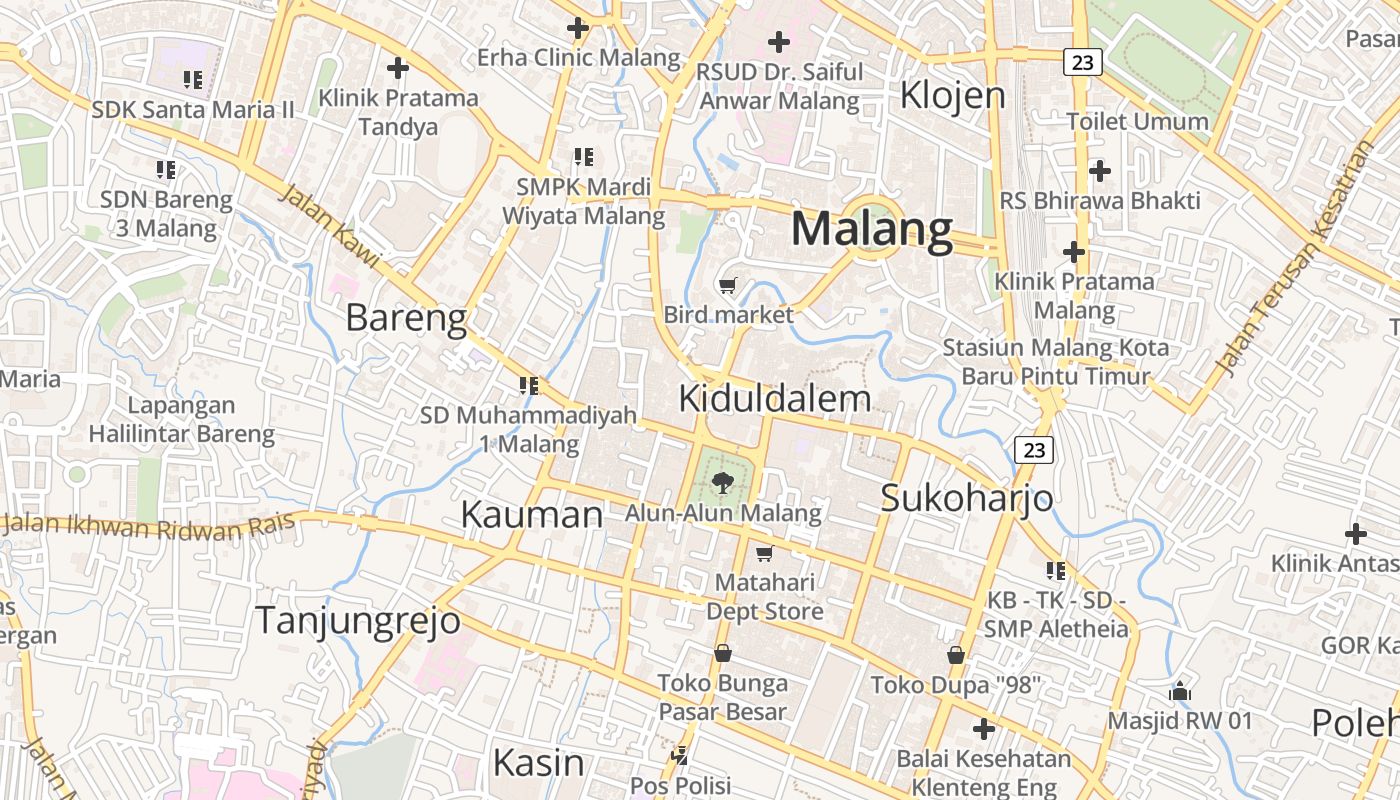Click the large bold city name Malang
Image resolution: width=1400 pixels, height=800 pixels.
tap(872, 229)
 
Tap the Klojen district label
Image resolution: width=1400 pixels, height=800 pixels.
tap(952, 95)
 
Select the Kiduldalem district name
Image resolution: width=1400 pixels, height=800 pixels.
tap(775, 399)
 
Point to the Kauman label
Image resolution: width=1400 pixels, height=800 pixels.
tap(532, 514)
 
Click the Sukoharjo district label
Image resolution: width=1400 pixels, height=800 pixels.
tap(966, 497)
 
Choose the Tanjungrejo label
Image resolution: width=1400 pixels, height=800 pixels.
tap(358, 620)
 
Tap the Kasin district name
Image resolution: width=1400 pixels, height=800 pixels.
tap(538, 762)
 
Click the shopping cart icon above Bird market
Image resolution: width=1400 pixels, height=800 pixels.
tap(728, 286)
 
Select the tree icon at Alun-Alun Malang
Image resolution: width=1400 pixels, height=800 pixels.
tap(720, 484)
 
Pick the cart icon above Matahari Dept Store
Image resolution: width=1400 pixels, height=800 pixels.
tap(764, 553)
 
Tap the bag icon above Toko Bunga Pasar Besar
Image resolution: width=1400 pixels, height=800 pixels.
tap(722, 653)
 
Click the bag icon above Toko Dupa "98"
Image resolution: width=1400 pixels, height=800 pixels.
tap(956, 655)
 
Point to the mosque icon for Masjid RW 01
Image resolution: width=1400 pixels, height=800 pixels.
tap(1180, 690)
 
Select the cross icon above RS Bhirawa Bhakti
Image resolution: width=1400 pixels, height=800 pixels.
tap(1100, 170)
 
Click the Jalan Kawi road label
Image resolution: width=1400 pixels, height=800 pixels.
tap(329, 226)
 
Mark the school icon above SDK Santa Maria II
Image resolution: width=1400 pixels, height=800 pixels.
tap(192, 79)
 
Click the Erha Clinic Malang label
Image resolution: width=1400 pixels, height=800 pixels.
tap(578, 57)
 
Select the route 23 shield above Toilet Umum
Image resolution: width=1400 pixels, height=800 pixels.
tap(1082, 62)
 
